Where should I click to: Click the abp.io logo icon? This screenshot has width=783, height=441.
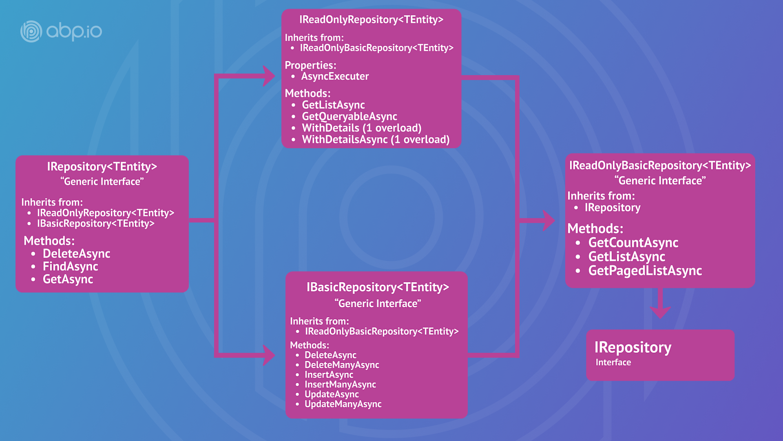31,31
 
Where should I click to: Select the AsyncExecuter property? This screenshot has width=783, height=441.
335,76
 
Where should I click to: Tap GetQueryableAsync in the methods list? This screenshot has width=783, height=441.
349,116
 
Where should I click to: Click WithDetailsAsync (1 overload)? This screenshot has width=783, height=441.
375,140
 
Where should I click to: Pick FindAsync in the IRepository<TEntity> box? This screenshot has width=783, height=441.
70,267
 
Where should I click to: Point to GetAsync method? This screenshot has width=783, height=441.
68,279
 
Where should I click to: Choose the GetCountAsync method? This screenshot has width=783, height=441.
633,243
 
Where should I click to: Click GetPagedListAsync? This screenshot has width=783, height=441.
645,271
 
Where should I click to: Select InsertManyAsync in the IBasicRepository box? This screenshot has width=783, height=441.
340,385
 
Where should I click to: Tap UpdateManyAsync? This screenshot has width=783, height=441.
343,404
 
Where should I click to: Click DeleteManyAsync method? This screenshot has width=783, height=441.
342,365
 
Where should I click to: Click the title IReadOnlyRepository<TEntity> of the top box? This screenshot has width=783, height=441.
371,20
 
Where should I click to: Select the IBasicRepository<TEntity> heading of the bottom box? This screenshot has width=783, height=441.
378,287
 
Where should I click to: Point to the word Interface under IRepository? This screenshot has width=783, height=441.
613,363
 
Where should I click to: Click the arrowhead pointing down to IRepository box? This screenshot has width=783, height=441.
660,312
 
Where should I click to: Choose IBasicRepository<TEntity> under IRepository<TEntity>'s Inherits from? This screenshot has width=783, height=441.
96,224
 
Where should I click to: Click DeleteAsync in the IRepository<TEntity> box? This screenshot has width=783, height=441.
76,254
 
